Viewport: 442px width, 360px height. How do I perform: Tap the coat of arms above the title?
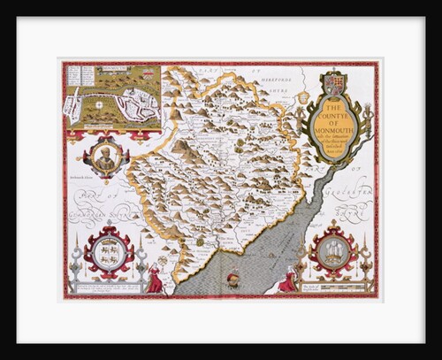click(x=338, y=85)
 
